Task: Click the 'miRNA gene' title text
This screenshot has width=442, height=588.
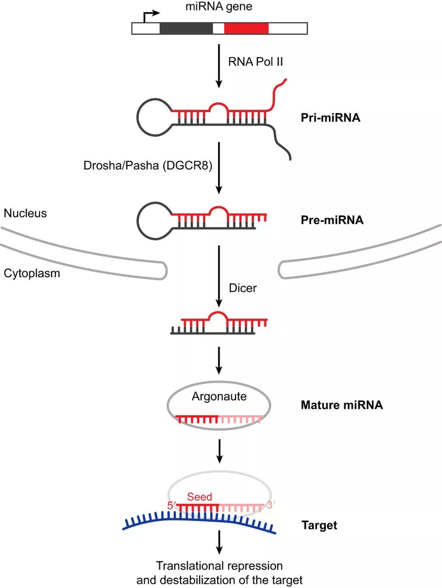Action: tap(219, 7)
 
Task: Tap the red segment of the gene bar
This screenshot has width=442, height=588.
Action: tap(246, 28)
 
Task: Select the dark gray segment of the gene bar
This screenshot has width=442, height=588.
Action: tap(186, 28)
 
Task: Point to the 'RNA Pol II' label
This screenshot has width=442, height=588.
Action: tap(255, 62)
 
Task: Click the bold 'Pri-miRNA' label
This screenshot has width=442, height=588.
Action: tap(330, 118)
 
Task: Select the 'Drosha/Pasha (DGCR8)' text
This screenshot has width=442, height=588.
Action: tap(147, 165)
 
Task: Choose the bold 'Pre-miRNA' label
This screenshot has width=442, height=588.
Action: tap(332, 220)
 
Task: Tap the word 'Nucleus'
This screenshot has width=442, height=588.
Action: tap(25, 213)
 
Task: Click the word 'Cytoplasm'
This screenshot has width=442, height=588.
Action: tap(32, 273)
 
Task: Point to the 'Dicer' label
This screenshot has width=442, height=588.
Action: tap(243, 288)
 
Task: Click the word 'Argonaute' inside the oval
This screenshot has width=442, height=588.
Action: tap(219, 396)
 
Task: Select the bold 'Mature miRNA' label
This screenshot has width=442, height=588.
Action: tap(341, 405)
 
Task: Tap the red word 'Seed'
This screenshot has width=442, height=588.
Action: tap(199, 497)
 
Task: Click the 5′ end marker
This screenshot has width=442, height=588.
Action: tap(172, 505)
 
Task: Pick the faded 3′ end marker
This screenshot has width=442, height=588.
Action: tap(271, 505)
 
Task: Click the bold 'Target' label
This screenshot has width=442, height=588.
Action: tap(319, 525)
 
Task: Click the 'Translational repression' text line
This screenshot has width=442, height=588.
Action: tap(219, 565)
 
